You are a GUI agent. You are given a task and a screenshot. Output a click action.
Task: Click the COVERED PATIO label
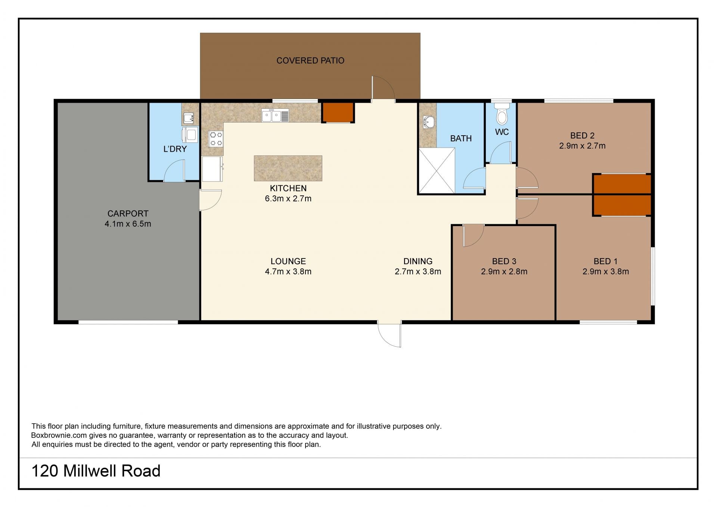click(x=310, y=61)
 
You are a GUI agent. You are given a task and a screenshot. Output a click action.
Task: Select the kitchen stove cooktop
click(x=216, y=139)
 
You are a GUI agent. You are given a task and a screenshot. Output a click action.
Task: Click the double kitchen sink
click(x=275, y=116)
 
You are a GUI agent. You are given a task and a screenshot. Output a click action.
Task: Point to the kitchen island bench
click(x=288, y=168)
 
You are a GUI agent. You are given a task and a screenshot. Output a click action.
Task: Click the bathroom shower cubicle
click(x=437, y=170)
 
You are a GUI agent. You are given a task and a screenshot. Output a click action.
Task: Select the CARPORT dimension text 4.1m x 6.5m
click(x=128, y=224)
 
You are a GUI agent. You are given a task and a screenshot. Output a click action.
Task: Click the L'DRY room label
click(x=175, y=149)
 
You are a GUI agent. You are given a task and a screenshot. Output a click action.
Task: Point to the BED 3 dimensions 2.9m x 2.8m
click(x=504, y=272)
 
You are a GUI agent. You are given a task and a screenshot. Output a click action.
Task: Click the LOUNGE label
click(x=288, y=261)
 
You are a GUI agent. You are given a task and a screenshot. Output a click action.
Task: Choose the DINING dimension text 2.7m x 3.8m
click(x=418, y=272)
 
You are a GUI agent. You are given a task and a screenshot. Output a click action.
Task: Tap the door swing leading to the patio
click(x=383, y=88)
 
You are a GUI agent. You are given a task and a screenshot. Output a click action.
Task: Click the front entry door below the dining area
click(x=389, y=334)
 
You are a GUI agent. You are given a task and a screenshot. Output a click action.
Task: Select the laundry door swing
click(x=174, y=171)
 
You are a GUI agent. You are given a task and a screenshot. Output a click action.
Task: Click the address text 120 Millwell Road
click(x=96, y=471)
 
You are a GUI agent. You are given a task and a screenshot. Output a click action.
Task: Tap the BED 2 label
click(x=582, y=136)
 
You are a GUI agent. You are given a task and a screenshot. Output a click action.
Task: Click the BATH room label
click(x=461, y=139)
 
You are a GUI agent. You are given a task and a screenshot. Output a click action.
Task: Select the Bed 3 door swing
click(x=473, y=235)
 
